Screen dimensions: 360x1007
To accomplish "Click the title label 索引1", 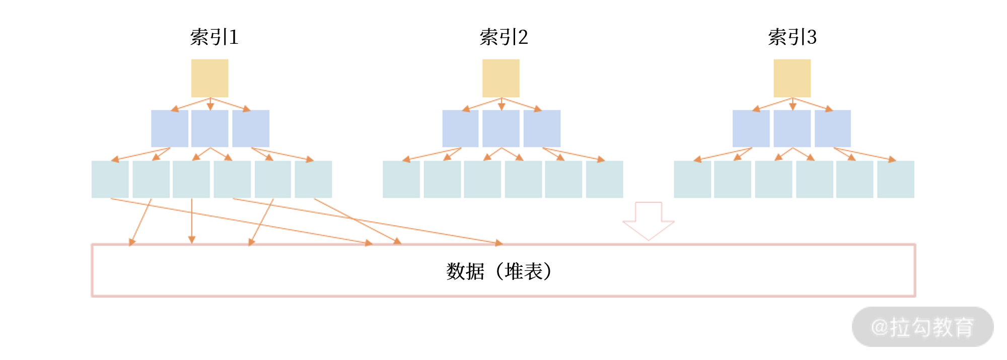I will (x=214, y=37).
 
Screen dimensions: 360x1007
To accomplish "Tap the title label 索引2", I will (x=503, y=37).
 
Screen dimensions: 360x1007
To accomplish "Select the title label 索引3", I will (x=792, y=37).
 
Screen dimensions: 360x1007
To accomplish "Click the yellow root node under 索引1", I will (x=209, y=78).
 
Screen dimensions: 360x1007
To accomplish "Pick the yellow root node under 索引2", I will (x=501, y=78).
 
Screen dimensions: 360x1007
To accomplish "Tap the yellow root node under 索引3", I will (x=792, y=78).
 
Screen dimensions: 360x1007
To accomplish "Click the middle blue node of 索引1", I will (x=209, y=128).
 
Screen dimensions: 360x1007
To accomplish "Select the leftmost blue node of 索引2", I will (x=460, y=128).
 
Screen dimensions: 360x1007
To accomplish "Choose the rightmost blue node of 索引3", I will (x=833, y=128).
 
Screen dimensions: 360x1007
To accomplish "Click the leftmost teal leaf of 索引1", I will (x=110, y=179).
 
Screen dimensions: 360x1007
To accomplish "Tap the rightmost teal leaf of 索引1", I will (x=313, y=179).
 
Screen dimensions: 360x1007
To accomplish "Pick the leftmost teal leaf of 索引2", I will (x=401, y=179).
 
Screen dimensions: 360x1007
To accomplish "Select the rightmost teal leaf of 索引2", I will (x=605, y=179).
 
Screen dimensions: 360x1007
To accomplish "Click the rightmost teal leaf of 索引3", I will (x=896, y=179).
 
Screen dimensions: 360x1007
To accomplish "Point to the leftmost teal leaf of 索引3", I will (x=692, y=179).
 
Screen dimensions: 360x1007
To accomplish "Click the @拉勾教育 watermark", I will (x=922, y=327).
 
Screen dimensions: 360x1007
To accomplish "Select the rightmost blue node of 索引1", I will (x=251, y=128).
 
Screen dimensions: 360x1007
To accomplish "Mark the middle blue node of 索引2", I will (x=501, y=128).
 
